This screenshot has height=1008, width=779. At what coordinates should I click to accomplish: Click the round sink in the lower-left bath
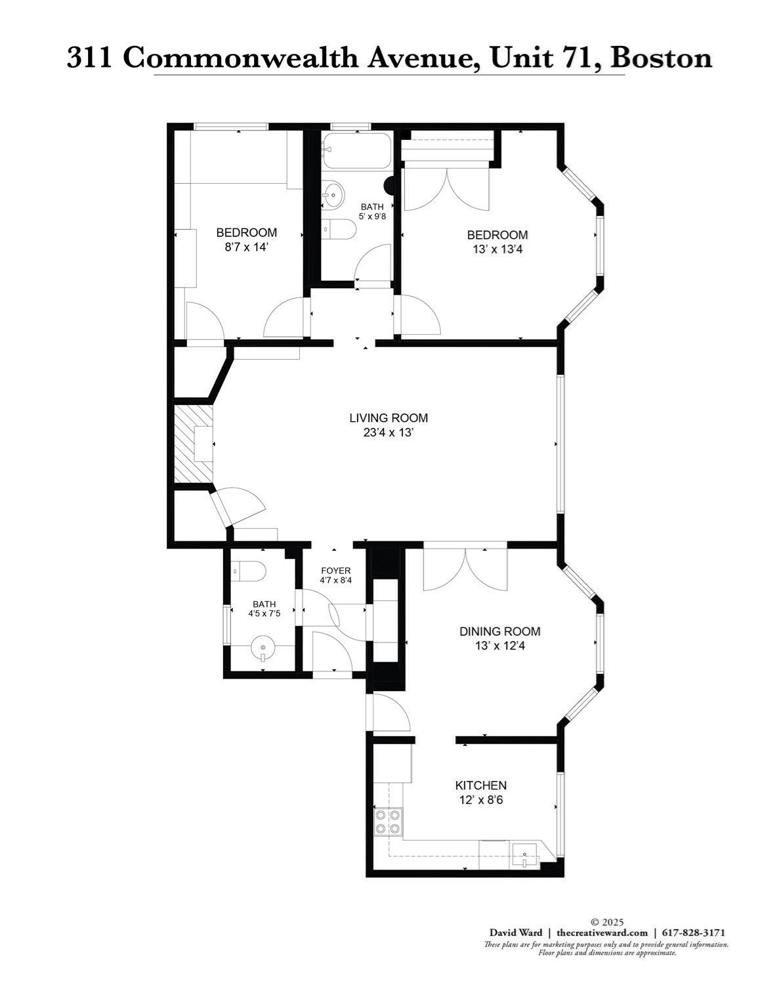click(x=263, y=650)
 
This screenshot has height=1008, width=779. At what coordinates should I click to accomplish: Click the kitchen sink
click(x=525, y=856)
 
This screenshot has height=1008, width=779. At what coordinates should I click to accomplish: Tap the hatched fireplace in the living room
click(x=194, y=445)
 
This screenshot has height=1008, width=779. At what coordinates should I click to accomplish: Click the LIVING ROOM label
click(x=389, y=418)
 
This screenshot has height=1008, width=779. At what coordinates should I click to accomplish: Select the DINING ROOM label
click(x=499, y=631)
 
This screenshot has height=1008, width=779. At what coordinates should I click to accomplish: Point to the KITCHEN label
click(x=481, y=786)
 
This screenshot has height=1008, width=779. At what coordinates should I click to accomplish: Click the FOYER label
click(x=335, y=570)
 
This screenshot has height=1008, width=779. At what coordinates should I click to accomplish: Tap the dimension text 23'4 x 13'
click(x=389, y=433)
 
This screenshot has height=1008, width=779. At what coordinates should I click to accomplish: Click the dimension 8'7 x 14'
click(x=247, y=247)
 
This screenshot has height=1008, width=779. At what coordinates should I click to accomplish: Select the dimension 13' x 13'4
click(x=497, y=249)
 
